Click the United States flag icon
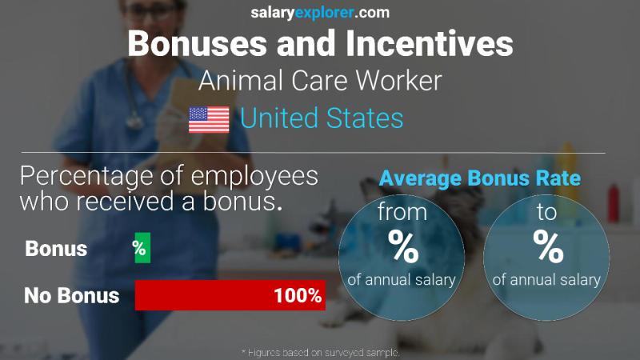(x=209, y=119)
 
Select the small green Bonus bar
(x=142, y=248)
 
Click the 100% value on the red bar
(x=297, y=295)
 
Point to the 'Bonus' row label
(x=56, y=249)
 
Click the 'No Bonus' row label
(x=71, y=295)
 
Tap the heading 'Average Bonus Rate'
(x=479, y=178)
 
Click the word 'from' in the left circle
(x=402, y=213)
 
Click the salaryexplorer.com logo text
(x=320, y=13)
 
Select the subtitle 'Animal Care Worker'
(x=320, y=81)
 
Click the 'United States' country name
(x=322, y=119)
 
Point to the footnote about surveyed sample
(x=320, y=352)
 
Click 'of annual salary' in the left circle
(x=402, y=279)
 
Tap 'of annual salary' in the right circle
(x=546, y=279)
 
